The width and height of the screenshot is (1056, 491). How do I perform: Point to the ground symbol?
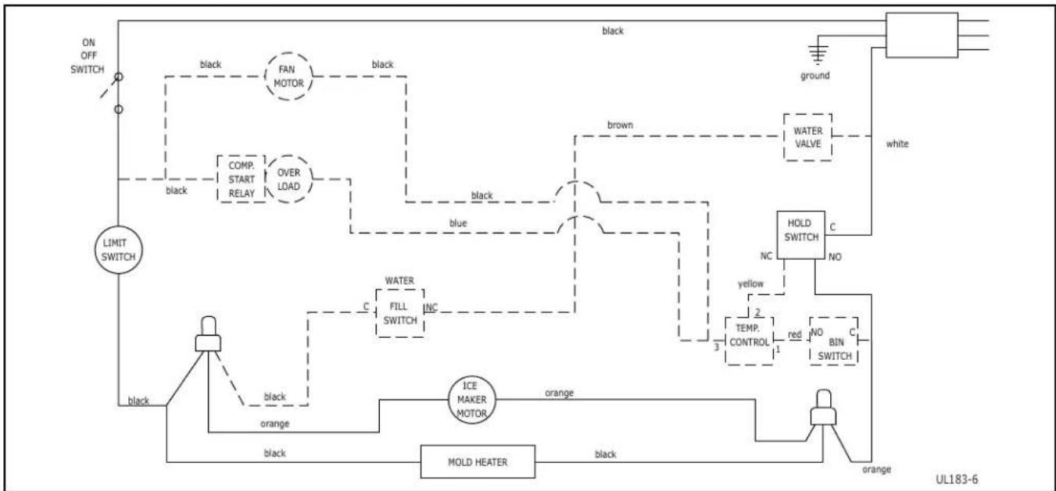pos(818,54)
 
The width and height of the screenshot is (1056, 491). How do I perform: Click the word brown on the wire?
pos(620,125)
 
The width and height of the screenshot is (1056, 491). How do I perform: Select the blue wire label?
pos(458,223)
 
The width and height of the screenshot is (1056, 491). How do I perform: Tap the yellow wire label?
pos(750,284)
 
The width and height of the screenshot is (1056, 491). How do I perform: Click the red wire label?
pos(794,334)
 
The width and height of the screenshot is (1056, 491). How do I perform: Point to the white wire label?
pos(897,144)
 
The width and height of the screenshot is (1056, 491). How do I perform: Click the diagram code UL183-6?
pos(957,480)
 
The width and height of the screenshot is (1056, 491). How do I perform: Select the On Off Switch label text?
pos(88,56)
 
